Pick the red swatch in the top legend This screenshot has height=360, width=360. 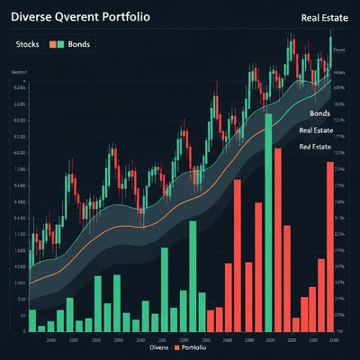52,44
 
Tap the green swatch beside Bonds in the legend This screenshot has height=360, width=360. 60,44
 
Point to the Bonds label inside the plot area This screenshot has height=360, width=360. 319,114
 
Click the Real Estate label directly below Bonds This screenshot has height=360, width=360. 316,130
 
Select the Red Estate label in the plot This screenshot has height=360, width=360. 316,146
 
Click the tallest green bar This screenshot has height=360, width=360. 267,220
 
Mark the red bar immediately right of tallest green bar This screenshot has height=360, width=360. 279,238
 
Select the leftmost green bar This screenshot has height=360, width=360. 32,320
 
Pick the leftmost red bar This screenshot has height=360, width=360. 210,320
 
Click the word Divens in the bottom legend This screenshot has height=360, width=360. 158,346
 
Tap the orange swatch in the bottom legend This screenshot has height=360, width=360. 177,346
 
